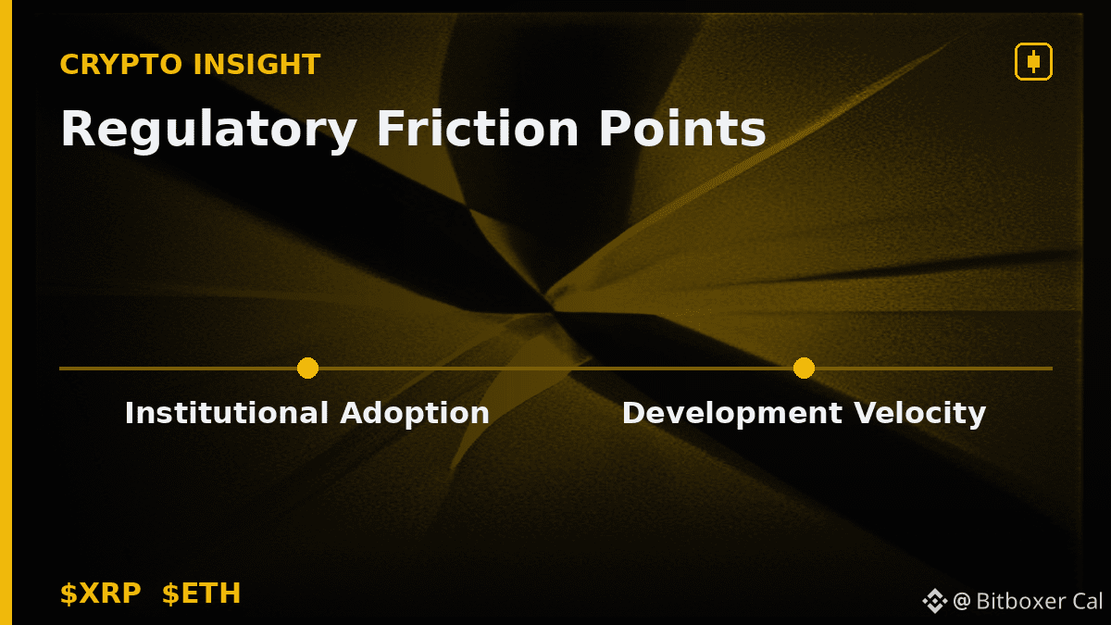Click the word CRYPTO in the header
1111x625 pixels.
(121, 65)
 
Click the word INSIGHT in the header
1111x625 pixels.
(257, 65)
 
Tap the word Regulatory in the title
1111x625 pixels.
(208, 130)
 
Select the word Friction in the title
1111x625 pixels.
(478, 128)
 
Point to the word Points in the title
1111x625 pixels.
(682, 128)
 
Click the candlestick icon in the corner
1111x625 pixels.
(1033, 61)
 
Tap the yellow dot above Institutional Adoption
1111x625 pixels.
(307, 369)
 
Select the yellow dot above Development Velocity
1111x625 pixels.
(804, 369)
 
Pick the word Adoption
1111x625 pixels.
(415, 414)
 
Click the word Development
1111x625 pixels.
(732, 414)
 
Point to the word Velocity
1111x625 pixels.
(919, 414)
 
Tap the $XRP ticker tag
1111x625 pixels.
(101, 594)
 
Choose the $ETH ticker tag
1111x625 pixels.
(202, 594)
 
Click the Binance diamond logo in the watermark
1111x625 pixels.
(935, 601)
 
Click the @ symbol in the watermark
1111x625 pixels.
(962, 602)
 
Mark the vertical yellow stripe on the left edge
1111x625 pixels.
(6, 313)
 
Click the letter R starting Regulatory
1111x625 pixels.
(78, 128)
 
